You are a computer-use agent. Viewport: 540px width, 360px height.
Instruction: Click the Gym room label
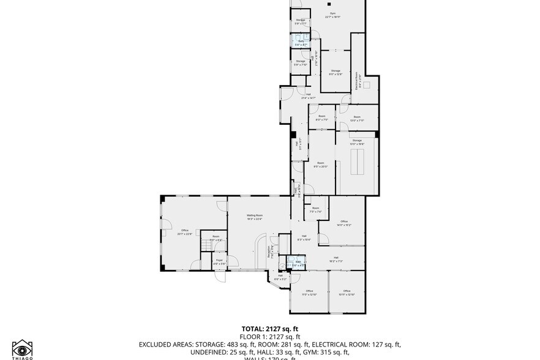[x=330, y=15]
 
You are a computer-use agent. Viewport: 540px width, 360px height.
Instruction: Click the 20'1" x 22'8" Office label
[x=185, y=232]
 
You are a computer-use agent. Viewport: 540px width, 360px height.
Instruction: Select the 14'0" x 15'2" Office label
[x=344, y=223]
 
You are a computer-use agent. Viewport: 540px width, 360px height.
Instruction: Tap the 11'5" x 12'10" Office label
[x=309, y=293]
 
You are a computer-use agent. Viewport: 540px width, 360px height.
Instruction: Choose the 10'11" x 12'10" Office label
[x=347, y=293]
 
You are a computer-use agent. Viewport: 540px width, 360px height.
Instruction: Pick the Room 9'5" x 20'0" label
[x=320, y=165]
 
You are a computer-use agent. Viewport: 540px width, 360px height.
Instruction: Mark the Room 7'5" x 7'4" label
[x=315, y=210]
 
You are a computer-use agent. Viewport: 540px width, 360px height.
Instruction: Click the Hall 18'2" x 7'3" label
[x=336, y=259]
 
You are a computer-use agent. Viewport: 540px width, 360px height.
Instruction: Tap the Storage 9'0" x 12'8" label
[x=336, y=73]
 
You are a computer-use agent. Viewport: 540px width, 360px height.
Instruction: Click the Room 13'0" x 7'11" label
[x=356, y=119]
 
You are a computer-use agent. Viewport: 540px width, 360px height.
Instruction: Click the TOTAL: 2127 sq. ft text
[x=269, y=329]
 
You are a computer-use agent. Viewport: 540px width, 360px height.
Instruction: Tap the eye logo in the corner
[x=22, y=348]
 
